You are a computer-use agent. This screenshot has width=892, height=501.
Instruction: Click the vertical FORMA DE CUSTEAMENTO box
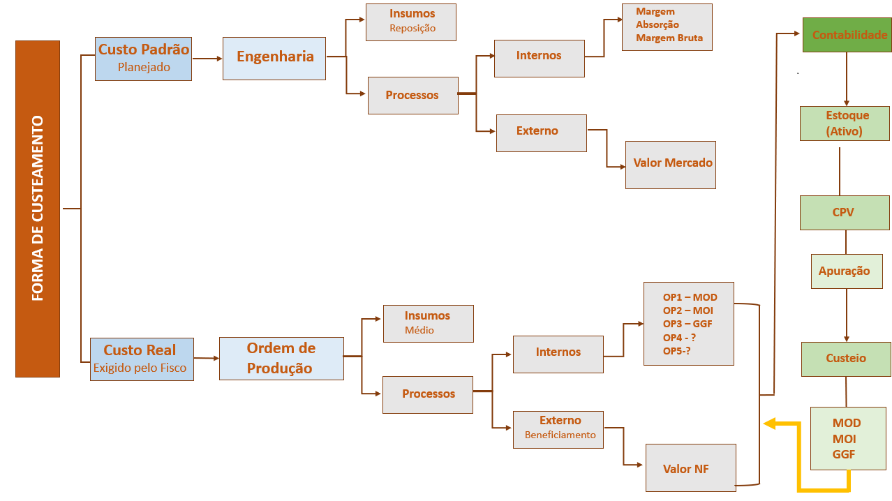pos(38,209)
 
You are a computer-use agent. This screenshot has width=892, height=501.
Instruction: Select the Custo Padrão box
pos(143,59)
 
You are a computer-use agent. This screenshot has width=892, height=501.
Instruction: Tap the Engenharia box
pos(274,58)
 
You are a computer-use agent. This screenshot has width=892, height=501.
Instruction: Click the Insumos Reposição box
pos(411,22)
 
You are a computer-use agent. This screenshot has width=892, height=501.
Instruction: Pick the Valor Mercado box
pos(671,164)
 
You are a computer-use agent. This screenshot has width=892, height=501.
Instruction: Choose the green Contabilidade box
pos(846,34)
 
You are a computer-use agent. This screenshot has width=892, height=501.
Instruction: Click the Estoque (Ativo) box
pos(845,124)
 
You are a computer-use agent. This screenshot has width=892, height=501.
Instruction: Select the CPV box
pos(845,212)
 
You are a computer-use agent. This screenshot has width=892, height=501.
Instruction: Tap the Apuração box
pos(847,271)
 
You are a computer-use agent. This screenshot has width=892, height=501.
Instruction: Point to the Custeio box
pos(846,359)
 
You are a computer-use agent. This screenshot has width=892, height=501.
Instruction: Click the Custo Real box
pos(142,359)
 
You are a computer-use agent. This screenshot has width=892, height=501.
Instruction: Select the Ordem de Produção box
pos(281,358)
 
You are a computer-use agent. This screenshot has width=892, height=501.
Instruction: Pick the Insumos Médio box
pos(428,323)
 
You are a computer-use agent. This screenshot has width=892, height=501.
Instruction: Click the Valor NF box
pos(690,468)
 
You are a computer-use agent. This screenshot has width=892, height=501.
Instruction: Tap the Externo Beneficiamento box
pos(558,429)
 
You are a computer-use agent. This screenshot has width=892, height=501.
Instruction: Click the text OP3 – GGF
pos(687,324)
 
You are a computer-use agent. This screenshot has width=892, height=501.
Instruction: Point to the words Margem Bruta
pos(669,38)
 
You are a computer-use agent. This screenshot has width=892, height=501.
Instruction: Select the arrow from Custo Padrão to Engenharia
pos(207,59)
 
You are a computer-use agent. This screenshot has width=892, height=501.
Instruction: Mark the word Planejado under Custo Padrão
pos(144,68)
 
